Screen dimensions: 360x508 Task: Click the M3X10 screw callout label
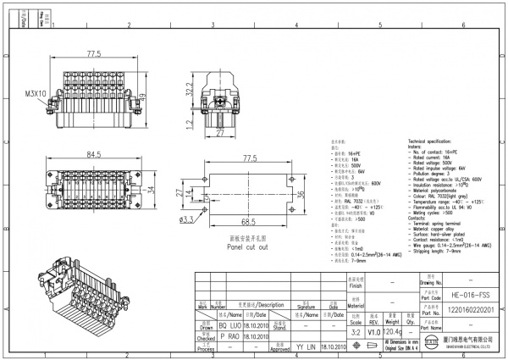click(x=36, y=93)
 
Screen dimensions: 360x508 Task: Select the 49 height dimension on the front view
click(x=145, y=95)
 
